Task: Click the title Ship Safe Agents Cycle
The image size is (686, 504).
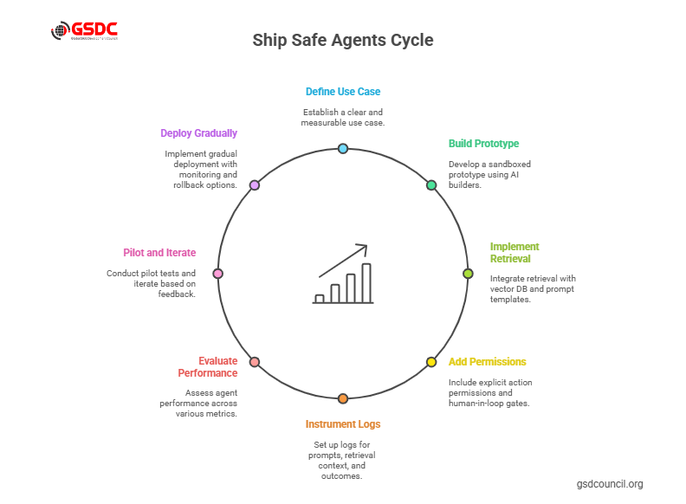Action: (342, 41)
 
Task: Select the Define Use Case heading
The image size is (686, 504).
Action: (342, 92)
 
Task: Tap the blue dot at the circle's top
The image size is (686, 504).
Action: (343, 149)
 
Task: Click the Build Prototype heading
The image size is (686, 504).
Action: (483, 144)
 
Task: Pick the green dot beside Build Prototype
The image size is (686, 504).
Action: (431, 185)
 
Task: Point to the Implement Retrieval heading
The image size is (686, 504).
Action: (514, 253)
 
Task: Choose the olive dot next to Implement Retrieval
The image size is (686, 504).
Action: (468, 274)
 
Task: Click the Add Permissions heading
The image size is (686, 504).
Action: (487, 362)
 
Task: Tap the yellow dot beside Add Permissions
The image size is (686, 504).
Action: (431, 362)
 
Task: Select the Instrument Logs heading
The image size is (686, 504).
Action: (342, 424)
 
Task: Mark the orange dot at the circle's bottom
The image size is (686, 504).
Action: (343, 398)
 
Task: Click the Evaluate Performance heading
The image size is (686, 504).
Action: (207, 367)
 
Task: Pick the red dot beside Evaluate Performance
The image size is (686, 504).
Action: (255, 362)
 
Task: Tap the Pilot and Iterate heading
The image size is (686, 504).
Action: (159, 253)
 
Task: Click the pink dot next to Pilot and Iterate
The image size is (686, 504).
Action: (218, 274)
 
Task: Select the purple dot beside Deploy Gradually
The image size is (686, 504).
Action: (255, 185)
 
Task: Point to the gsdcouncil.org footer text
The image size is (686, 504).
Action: (610, 484)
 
